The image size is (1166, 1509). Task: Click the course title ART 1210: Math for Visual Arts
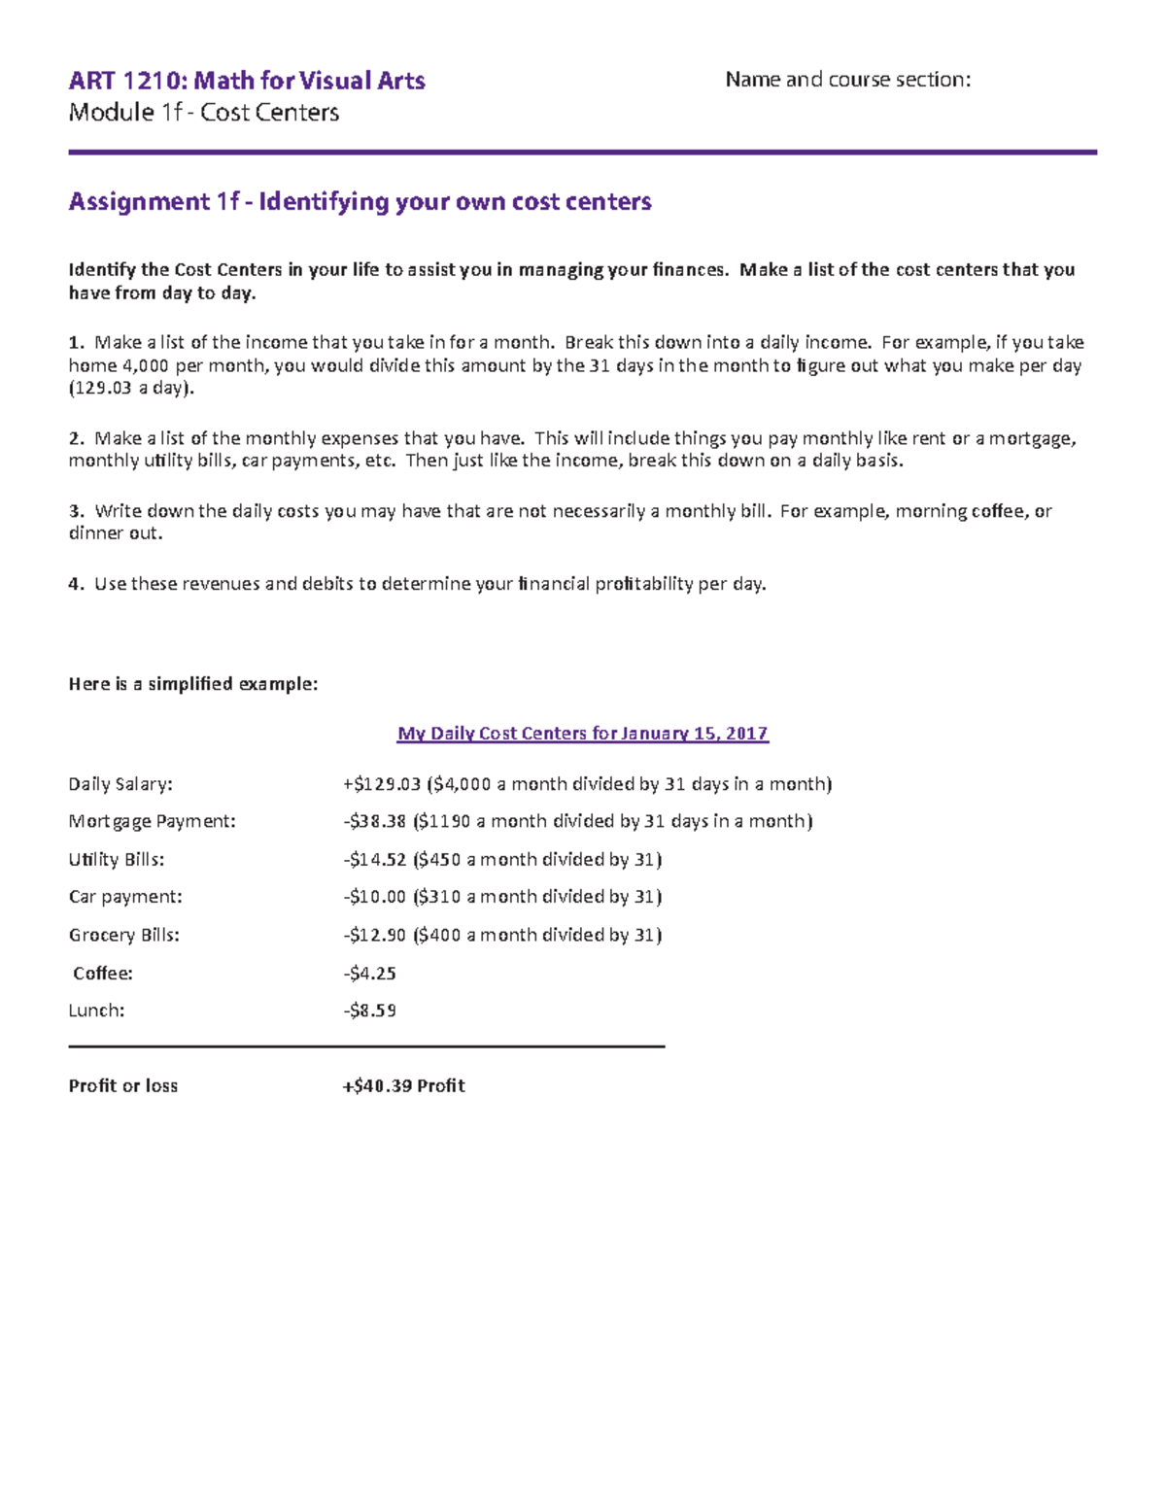(247, 81)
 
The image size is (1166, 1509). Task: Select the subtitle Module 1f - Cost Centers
(203, 113)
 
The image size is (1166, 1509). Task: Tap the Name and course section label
(847, 80)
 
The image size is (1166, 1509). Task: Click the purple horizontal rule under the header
(582, 153)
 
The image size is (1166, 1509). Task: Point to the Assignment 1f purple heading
(360, 202)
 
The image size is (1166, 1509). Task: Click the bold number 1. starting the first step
(76, 342)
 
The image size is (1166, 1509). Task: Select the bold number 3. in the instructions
(76, 511)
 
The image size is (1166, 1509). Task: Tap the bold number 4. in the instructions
(76, 584)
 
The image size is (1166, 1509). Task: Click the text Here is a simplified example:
(192, 684)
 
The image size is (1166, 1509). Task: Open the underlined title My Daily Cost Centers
(582, 734)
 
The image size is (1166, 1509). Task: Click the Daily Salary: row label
(120, 784)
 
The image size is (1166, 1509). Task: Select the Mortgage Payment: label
(152, 821)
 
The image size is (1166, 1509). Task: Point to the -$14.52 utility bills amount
(374, 859)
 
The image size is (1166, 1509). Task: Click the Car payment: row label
(125, 897)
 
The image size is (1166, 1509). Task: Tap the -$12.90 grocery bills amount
(374, 935)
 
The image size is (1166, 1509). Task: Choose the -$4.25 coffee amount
(369, 973)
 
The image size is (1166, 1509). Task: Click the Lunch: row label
(96, 1011)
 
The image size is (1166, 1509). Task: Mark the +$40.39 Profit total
(403, 1085)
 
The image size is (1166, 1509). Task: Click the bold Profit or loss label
(122, 1085)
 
